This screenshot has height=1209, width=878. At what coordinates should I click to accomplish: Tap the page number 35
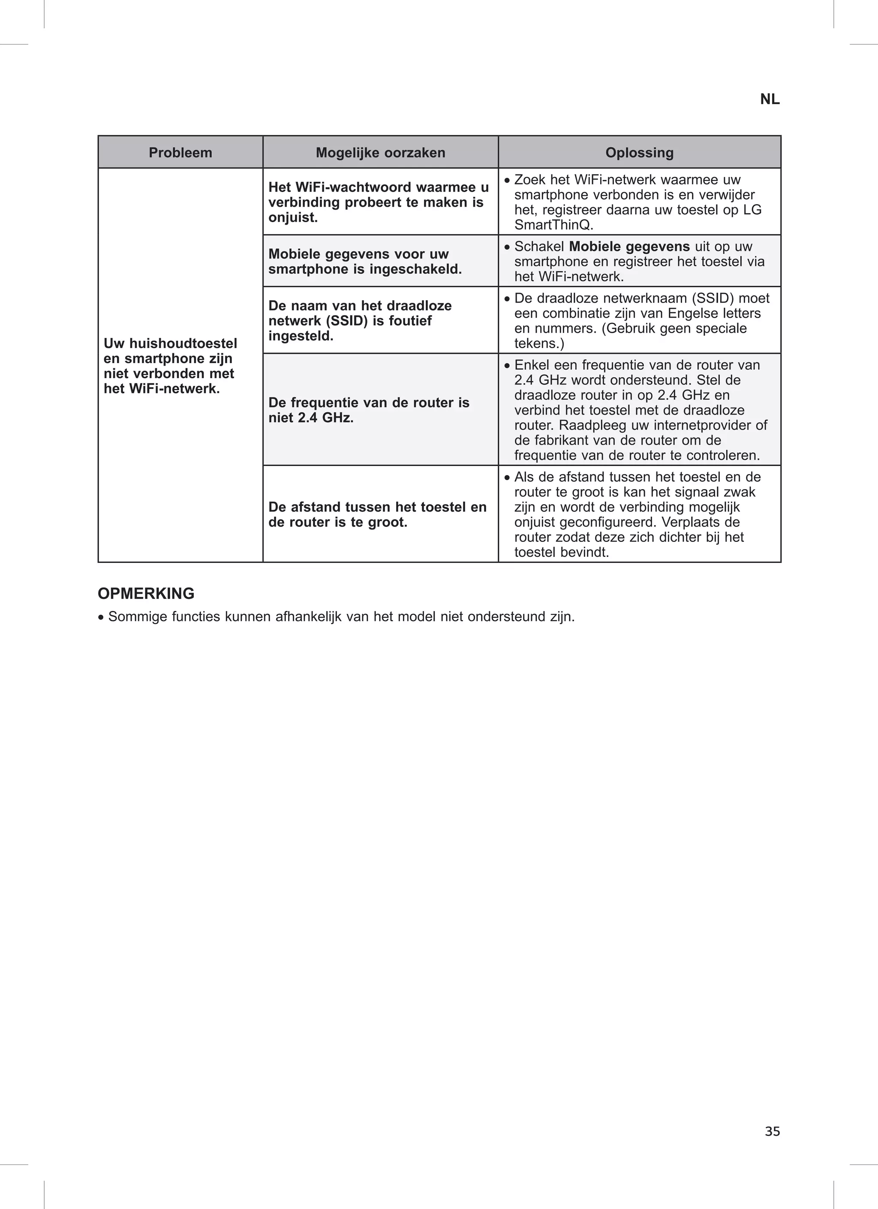click(x=772, y=1131)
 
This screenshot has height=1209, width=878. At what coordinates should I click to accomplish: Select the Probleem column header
click(x=180, y=153)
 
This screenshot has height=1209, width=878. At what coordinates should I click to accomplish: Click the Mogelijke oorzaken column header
click(x=380, y=153)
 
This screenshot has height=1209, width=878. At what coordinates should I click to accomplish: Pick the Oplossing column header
click(x=639, y=153)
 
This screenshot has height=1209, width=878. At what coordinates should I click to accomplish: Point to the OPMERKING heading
click(x=146, y=593)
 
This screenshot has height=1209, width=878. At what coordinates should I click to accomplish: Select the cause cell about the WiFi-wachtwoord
click(x=379, y=202)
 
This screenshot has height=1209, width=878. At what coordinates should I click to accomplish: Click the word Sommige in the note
click(x=138, y=617)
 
